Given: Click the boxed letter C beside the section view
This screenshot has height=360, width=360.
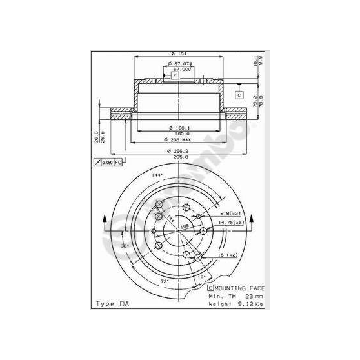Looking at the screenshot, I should (x=238, y=95).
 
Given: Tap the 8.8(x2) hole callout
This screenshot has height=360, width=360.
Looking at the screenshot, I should (x=229, y=213).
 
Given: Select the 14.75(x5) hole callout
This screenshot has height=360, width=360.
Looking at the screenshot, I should (x=231, y=223).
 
